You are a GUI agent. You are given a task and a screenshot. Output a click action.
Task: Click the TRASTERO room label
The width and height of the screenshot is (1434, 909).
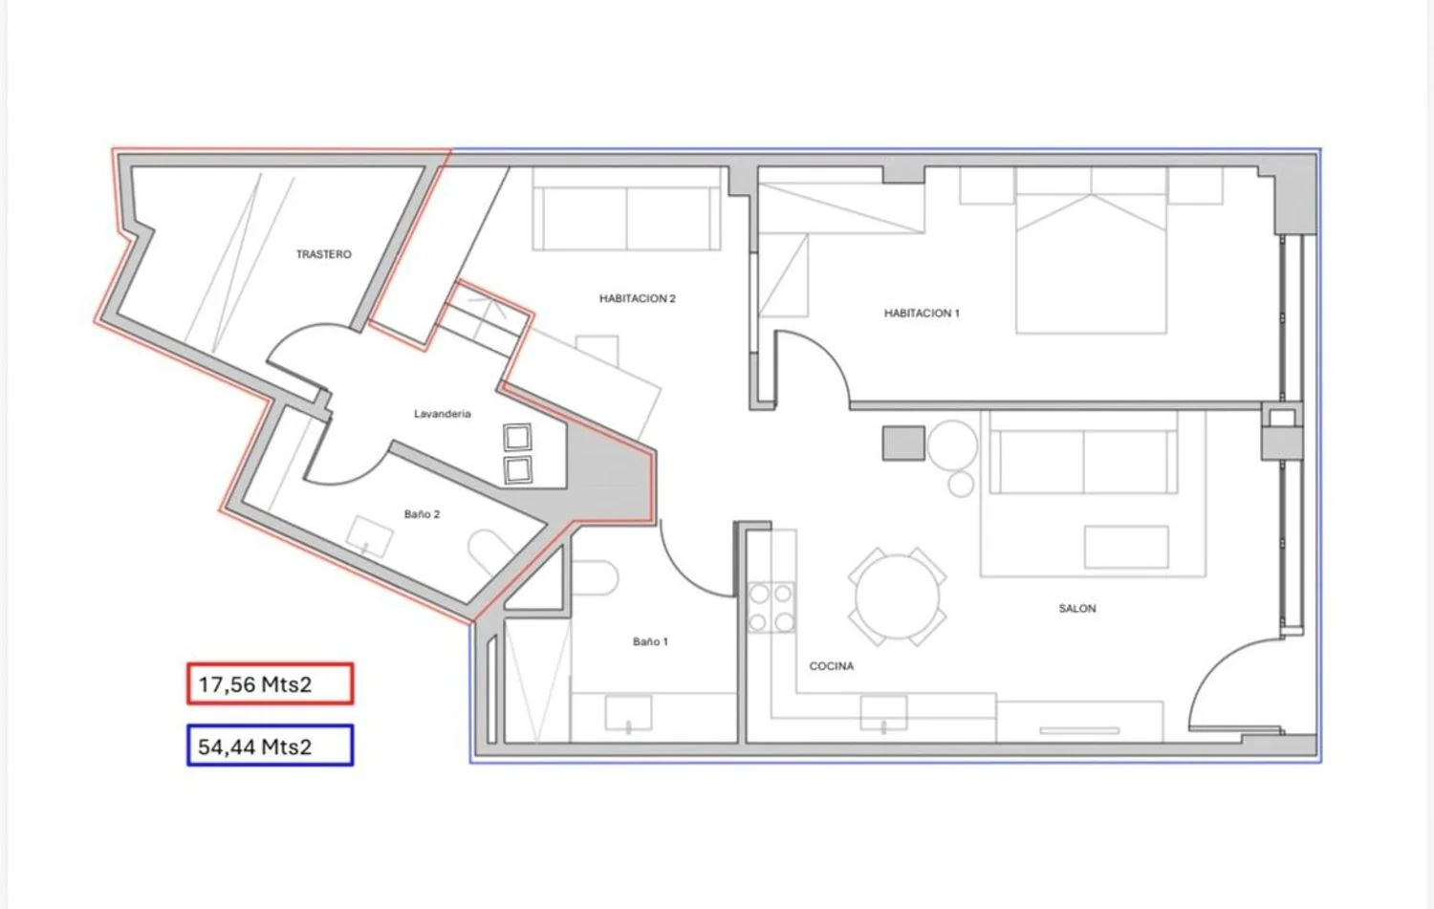click(x=323, y=254)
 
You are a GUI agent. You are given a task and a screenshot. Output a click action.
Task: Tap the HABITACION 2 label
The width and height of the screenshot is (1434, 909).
click(x=637, y=298)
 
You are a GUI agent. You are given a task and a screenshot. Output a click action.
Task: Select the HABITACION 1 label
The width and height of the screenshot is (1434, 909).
click(x=922, y=313)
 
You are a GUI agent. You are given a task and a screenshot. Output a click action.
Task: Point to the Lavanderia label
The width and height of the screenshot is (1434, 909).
click(x=442, y=414)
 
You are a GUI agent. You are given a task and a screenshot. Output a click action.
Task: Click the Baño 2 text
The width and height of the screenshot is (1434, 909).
click(x=422, y=514)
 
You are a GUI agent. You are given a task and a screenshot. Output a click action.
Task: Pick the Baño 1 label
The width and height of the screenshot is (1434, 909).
click(x=650, y=641)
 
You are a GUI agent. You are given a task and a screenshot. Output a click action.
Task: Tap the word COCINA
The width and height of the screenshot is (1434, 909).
click(x=831, y=666)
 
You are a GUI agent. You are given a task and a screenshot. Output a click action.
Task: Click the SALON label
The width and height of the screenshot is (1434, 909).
click(x=1076, y=608)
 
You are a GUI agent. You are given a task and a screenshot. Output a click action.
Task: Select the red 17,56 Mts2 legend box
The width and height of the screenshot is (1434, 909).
click(x=271, y=683)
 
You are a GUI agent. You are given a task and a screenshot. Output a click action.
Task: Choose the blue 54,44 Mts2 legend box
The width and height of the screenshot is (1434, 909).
click(x=271, y=746)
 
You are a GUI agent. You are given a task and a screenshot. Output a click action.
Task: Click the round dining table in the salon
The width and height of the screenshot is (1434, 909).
click(x=897, y=596)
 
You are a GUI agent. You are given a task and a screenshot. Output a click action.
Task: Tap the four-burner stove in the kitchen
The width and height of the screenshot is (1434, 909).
click(x=771, y=607)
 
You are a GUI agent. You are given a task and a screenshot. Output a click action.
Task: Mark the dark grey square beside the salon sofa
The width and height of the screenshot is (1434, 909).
click(x=903, y=443)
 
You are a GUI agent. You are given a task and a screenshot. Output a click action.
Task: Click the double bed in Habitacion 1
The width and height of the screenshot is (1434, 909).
click(x=1091, y=250)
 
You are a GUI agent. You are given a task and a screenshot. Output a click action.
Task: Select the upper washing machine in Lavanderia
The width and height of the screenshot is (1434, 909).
click(x=517, y=437)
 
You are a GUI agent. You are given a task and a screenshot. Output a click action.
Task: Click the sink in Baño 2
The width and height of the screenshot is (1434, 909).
click(x=369, y=536)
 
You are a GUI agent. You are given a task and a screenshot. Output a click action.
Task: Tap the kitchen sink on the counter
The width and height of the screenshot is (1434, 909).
click(x=883, y=713)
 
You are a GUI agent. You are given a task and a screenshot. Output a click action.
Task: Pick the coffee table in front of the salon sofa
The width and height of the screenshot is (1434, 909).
click(x=1126, y=547)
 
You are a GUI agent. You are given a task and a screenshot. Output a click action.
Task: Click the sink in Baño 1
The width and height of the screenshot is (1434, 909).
click(x=628, y=713)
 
